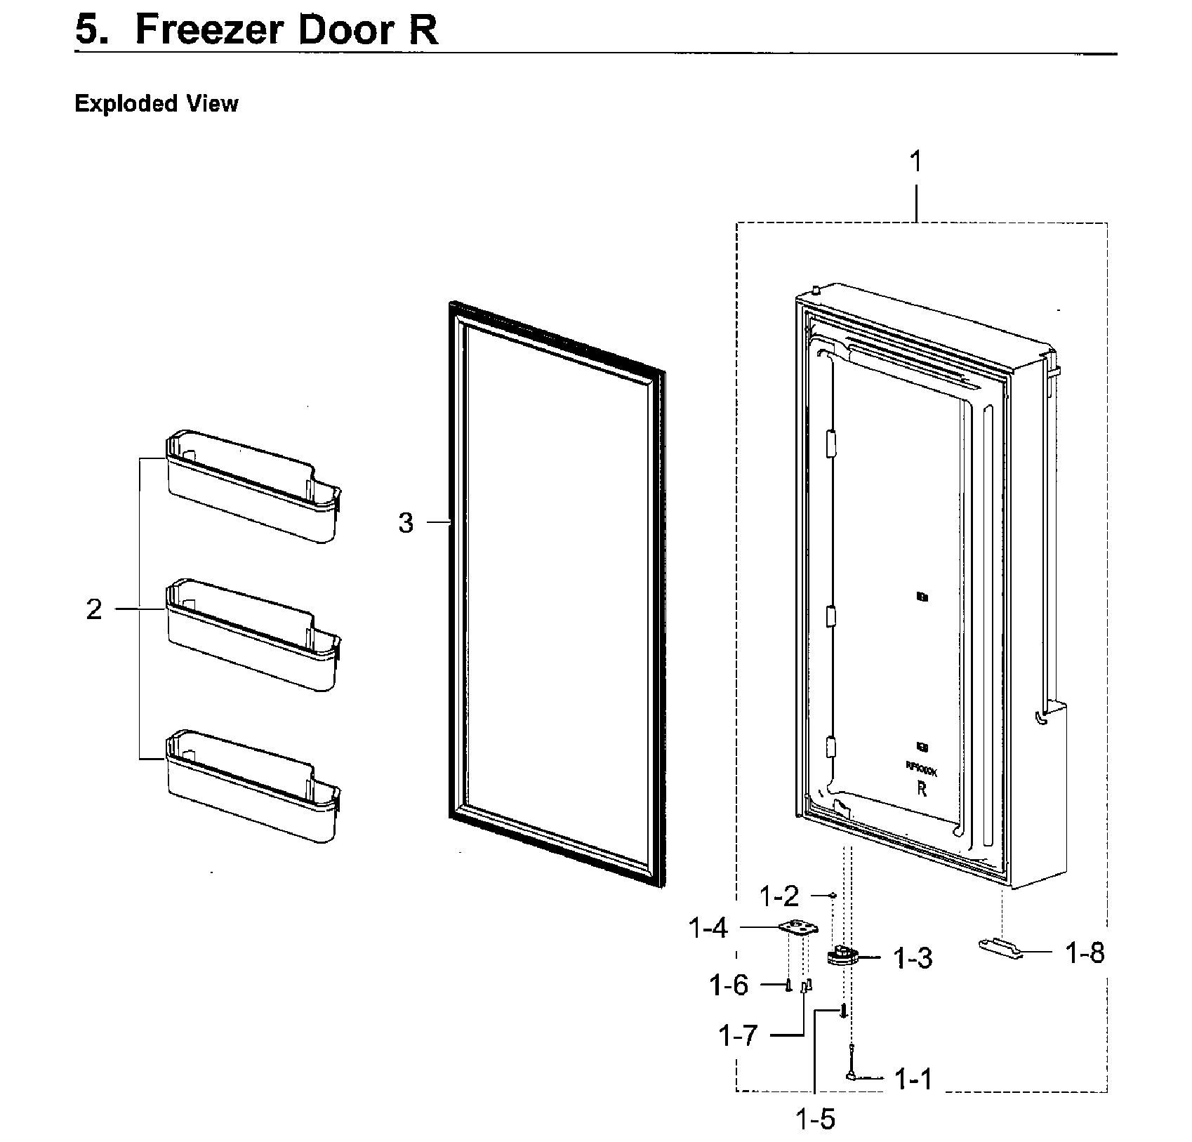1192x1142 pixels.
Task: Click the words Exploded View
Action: pyautogui.click(x=157, y=104)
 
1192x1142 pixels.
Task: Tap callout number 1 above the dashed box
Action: pyautogui.click(x=915, y=162)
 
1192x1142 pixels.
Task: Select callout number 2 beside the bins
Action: pyautogui.click(x=94, y=609)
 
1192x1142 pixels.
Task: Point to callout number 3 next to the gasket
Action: pyautogui.click(x=406, y=523)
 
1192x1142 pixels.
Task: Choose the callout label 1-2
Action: pyautogui.click(x=779, y=896)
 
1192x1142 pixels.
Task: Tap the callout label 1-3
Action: pyautogui.click(x=913, y=959)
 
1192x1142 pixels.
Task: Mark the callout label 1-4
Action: pyautogui.click(x=708, y=929)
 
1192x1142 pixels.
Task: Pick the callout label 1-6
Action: pyautogui.click(x=729, y=986)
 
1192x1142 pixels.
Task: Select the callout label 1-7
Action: pyautogui.click(x=738, y=1036)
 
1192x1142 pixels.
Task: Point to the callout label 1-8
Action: pyautogui.click(x=1085, y=953)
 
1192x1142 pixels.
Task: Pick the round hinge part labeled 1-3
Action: pyautogui.click(x=841, y=957)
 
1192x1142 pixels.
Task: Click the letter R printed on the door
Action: pyautogui.click(x=922, y=789)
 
